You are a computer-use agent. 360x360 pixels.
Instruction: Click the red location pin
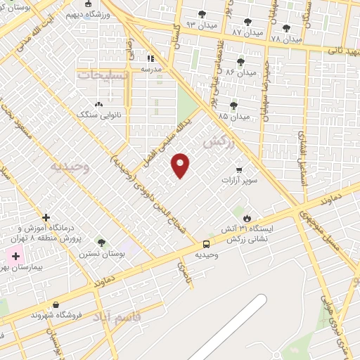[x=181, y=165]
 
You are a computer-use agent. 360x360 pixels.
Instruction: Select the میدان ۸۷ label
[x=247, y=32]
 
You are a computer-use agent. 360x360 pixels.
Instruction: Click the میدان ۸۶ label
[x=240, y=72]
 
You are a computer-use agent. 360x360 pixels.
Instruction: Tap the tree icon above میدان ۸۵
[x=233, y=105]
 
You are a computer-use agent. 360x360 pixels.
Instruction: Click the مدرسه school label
[x=151, y=69]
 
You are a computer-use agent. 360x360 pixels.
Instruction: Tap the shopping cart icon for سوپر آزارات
[x=239, y=169]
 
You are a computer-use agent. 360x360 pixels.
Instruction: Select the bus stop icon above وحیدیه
[x=206, y=243]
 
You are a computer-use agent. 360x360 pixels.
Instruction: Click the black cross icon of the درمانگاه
[x=46, y=218]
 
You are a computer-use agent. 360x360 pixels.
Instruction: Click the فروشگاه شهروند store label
[x=56, y=315]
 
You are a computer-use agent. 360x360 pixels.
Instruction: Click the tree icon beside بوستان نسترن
[x=101, y=243]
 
